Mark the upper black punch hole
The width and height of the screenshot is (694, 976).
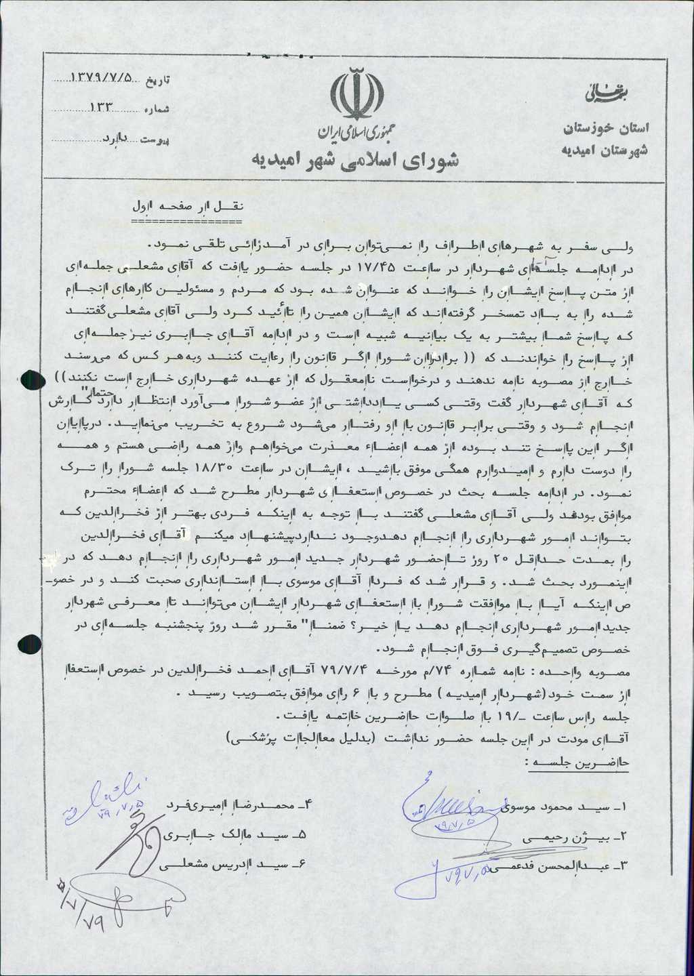pyautogui.click(x=33, y=382)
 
